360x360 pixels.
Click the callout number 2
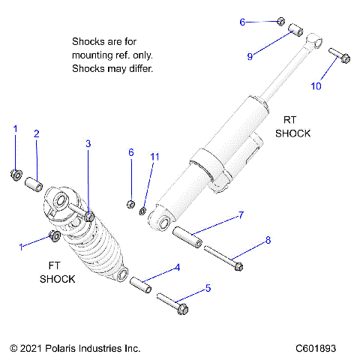tap(36, 134)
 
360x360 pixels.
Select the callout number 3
tap(88, 143)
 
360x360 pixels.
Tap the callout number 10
tap(316, 85)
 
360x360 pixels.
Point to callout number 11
tap(155, 157)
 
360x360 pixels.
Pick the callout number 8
tap(268, 241)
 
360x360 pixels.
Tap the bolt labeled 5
tap(173, 304)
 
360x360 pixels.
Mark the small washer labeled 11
tap(142, 207)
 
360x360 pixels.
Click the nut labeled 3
tap(90, 217)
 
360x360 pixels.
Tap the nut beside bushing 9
tap(280, 22)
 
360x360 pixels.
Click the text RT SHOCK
tap(292, 127)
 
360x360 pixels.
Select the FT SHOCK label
tap(57, 272)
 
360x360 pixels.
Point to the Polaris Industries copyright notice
tap(75, 348)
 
